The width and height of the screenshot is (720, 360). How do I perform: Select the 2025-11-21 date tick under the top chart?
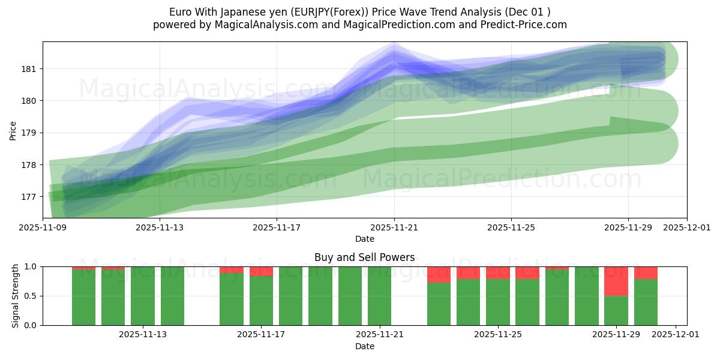tap(394, 228)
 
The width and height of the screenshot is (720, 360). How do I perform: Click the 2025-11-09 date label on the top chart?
tap(43, 228)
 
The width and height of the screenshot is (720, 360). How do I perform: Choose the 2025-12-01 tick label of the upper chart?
tap(686, 228)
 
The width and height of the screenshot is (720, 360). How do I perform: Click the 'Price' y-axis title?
tap(13, 130)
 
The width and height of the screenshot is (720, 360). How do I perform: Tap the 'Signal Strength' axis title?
tap(16, 296)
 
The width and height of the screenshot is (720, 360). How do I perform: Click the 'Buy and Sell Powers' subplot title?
tap(364, 257)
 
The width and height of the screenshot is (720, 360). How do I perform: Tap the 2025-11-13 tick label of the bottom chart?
tap(143, 335)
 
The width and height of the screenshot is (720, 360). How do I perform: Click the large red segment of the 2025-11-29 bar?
tap(616, 281)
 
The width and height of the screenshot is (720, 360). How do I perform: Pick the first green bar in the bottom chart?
tap(83, 297)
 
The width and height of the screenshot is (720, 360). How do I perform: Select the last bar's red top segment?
tap(646, 272)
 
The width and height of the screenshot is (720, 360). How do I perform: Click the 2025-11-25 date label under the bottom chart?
tap(498, 335)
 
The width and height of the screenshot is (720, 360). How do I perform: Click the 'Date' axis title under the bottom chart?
tap(364, 346)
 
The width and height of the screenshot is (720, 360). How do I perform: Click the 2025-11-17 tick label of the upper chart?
tap(277, 228)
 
